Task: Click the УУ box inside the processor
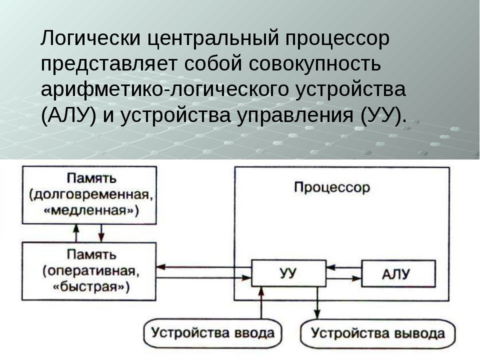pyautogui.click(x=287, y=273)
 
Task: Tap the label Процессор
pyautogui.click(x=332, y=188)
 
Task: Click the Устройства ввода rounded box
pyautogui.click(x=213, y=333)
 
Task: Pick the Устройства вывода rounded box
pyautogui.click(x=378, y=333)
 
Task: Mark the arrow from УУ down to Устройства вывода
pyautogui.click(x=316, y=302)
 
